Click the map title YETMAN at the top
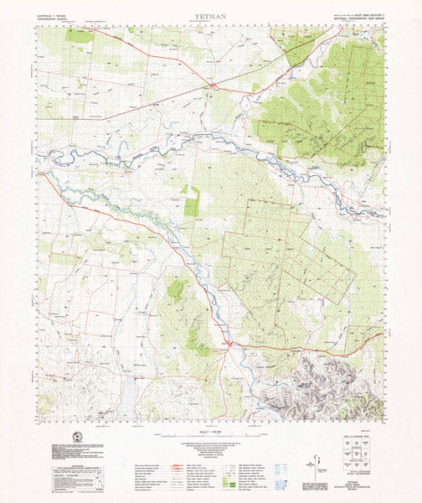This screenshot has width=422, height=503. [211, 15]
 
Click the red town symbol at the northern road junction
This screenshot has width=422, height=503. [214, 85]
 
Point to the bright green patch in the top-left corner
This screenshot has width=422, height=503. [80, 36]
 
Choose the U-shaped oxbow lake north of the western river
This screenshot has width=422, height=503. [122, 152]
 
